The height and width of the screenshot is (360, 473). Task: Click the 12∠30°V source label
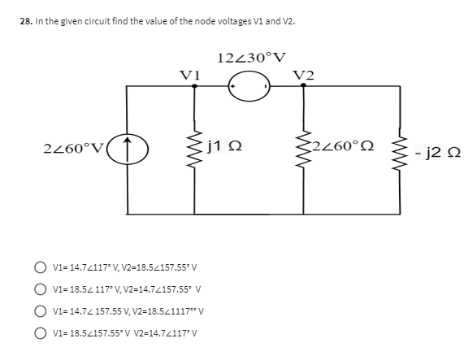(252, 57)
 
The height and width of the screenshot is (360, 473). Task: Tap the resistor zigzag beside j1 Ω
(194, 150)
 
